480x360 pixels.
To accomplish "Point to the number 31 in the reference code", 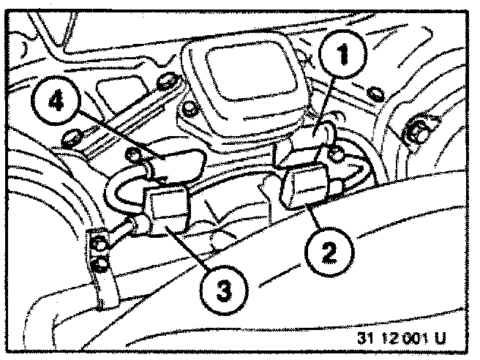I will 367,340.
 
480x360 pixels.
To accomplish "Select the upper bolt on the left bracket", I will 96,239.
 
